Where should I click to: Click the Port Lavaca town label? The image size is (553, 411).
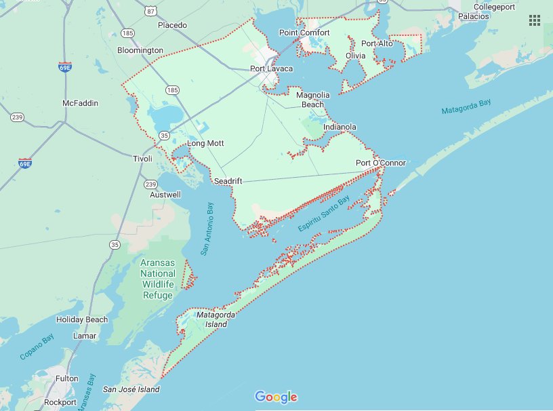coord(271,68)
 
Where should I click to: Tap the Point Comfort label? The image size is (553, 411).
coord(304,33)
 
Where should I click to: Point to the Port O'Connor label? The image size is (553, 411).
coord(381,163)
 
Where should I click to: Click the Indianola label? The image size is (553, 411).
coord(340,127)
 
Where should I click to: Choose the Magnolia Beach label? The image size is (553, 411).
coord(312,100)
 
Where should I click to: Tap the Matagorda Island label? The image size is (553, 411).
coord(211,319)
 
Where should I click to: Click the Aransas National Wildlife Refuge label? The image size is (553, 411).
coord(157,279)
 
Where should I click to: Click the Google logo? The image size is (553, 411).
coord(276,397)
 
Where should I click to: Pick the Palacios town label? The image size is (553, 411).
coord(474,16)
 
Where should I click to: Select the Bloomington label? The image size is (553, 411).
coord(140,50)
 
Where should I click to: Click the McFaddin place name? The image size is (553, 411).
coord(80,103)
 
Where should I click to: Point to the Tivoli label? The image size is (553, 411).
coord(143,158)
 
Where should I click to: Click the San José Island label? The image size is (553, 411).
coord(131,389)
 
